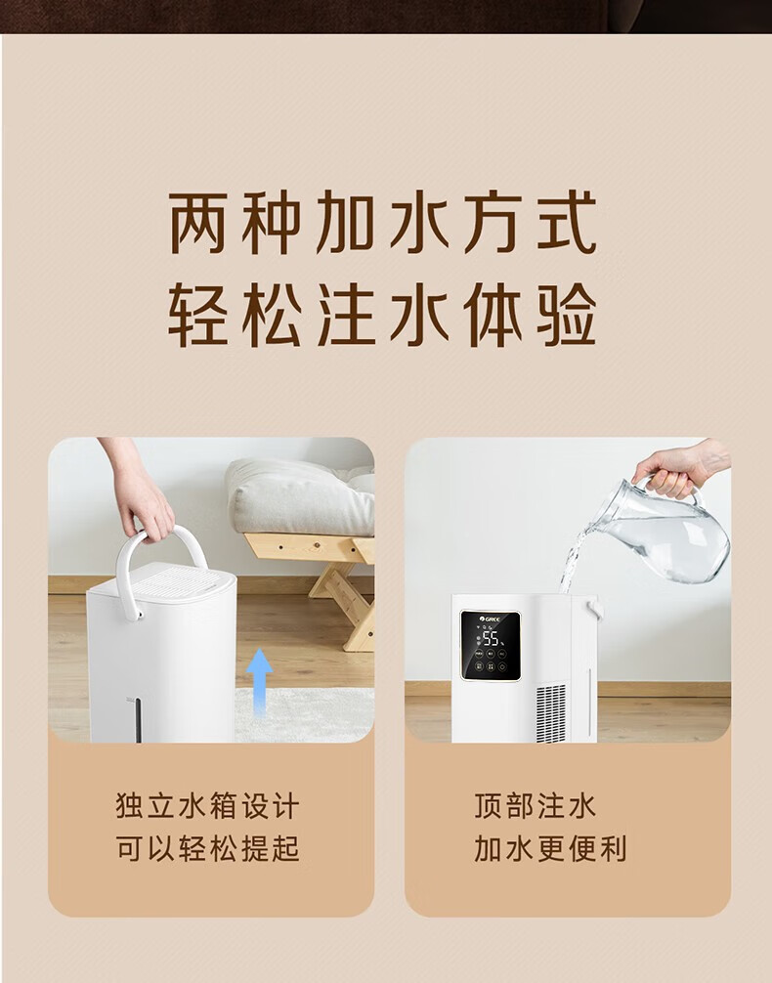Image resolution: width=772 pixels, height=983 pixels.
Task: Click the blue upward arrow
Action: (x=259, y=682)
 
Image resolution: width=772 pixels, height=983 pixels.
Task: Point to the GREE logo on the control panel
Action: (x=491, y=620)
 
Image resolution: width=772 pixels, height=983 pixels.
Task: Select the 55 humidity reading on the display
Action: (x=491, y=638)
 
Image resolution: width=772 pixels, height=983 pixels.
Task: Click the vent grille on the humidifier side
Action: (x=551, y=713)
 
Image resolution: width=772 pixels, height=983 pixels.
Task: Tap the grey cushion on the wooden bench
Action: (x=300, y=495)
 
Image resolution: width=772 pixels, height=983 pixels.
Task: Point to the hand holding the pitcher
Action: (x=678, y=468)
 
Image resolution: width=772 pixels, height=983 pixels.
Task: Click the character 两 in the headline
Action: (x=197, y=223)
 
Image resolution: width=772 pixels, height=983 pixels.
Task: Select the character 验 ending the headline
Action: (x=567, y=315)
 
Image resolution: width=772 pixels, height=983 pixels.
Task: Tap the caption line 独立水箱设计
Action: (x=207, y=806)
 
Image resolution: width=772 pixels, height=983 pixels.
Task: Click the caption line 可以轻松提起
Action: (x=207, y=848)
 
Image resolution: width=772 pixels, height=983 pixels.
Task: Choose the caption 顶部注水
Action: (x=535, y=806)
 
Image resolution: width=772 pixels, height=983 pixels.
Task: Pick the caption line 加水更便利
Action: (x=550, y=848)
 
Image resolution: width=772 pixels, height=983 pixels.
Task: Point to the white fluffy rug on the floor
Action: (x=305, y=714)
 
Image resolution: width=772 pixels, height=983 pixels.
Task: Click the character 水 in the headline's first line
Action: (x=418, y=223)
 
